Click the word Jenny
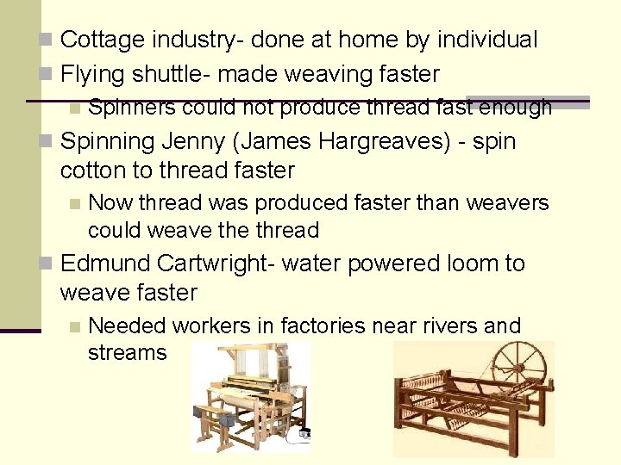coord(187,141)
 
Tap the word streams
coord(127,353)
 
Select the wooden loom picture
coord(249,395)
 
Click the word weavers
coord(505,203)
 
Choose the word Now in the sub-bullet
coord(108,203)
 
